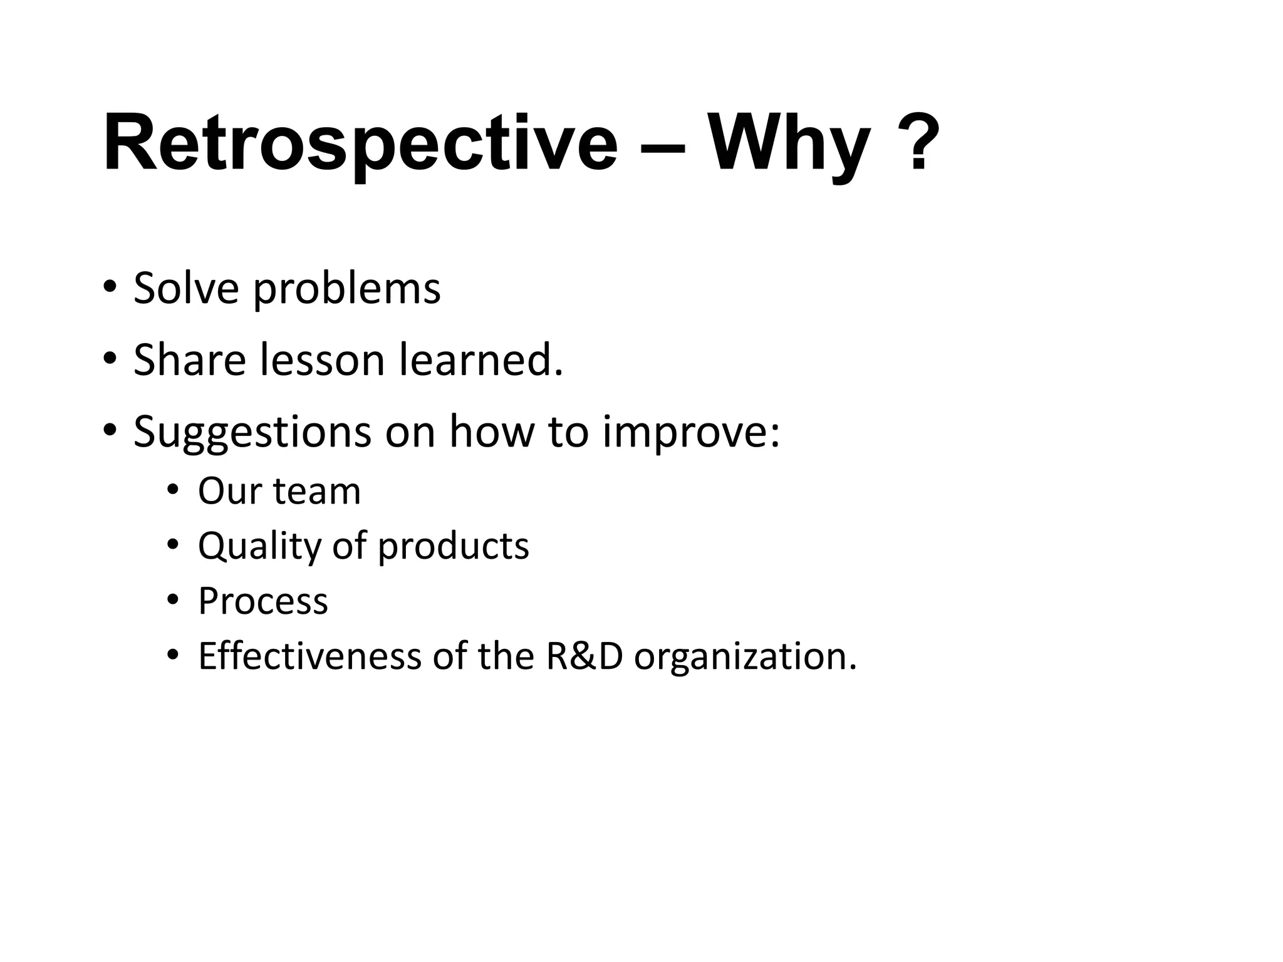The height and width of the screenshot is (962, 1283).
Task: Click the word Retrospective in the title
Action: coord(360,143)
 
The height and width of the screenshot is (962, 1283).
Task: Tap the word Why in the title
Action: coord(789,143)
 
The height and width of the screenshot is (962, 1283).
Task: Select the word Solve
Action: coord(186,289)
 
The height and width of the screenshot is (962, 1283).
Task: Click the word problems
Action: coord(347,290)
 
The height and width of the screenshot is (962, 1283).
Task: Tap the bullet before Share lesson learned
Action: coord(110,359)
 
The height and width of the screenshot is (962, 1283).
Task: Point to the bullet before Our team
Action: coord(173,489)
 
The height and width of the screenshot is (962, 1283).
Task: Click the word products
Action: coord(453,546)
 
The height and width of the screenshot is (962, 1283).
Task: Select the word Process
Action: coord(262,601)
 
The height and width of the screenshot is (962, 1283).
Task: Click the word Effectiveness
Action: coord(309,656)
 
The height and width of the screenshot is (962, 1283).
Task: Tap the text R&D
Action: coord(584,656)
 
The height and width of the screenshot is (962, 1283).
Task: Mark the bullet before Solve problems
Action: coord(110,287)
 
